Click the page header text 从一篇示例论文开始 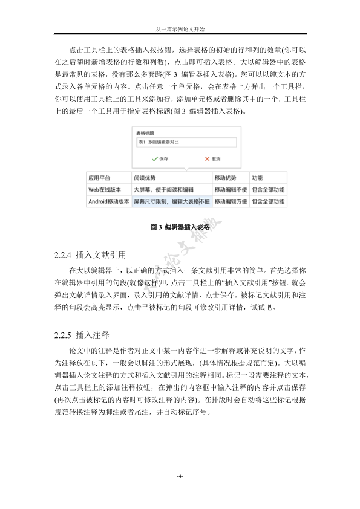tap(180, 28)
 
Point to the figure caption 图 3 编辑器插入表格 tap(180, 228)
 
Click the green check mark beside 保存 tap(154, 158)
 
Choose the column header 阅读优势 tap(145, 178)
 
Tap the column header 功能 tap(257, 178)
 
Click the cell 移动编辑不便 tap(231, 190)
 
